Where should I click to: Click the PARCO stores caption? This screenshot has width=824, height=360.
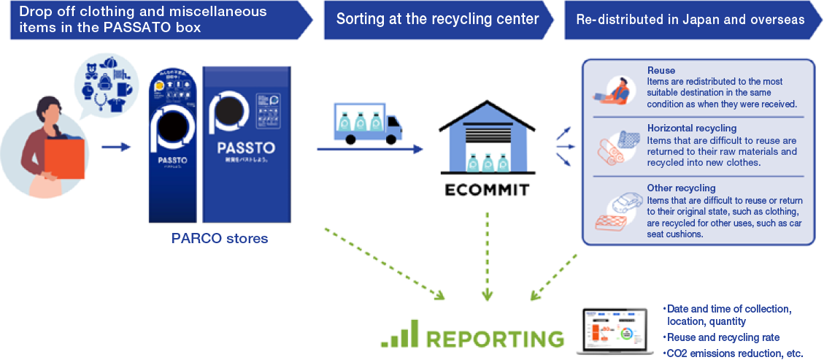[220, 239]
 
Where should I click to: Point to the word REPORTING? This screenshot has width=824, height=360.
[495, 339]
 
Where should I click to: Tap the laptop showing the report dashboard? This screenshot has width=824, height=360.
[615, 330]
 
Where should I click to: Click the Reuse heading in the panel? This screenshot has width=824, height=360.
[661, 71]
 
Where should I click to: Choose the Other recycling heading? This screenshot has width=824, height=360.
[670, 188]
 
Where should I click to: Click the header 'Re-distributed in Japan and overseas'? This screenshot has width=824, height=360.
[689, 20]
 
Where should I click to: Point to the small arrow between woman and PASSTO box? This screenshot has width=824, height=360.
[115, 148]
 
